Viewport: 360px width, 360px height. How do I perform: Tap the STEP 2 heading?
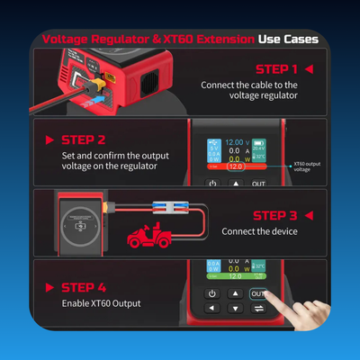[85, 139]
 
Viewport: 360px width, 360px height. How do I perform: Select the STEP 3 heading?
[276, 215]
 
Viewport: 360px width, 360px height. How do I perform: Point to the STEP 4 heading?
[85, 287]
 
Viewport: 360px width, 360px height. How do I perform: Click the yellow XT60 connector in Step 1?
[93, 88]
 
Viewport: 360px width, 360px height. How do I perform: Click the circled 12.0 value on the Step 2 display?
[235, 166]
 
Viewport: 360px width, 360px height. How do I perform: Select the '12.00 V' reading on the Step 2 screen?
[237, 142]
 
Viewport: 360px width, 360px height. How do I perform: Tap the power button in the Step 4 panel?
[211, 293]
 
